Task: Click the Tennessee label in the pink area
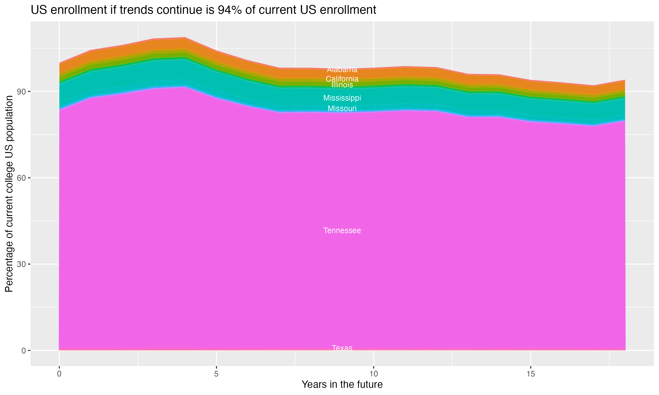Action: point(342,230)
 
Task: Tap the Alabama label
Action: point(342,70)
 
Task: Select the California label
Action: point(342,79)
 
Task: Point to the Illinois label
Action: point(342,85)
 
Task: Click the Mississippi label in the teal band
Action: point(342,98)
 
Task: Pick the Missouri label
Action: point(342,108)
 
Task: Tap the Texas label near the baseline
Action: point(342,348)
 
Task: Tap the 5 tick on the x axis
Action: point(216,374)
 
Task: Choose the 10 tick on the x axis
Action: point(373,374)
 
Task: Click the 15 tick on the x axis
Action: point(531,374)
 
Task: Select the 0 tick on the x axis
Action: point(59,374)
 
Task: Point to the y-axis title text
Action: point(9,194)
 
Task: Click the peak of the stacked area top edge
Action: point(185,38)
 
